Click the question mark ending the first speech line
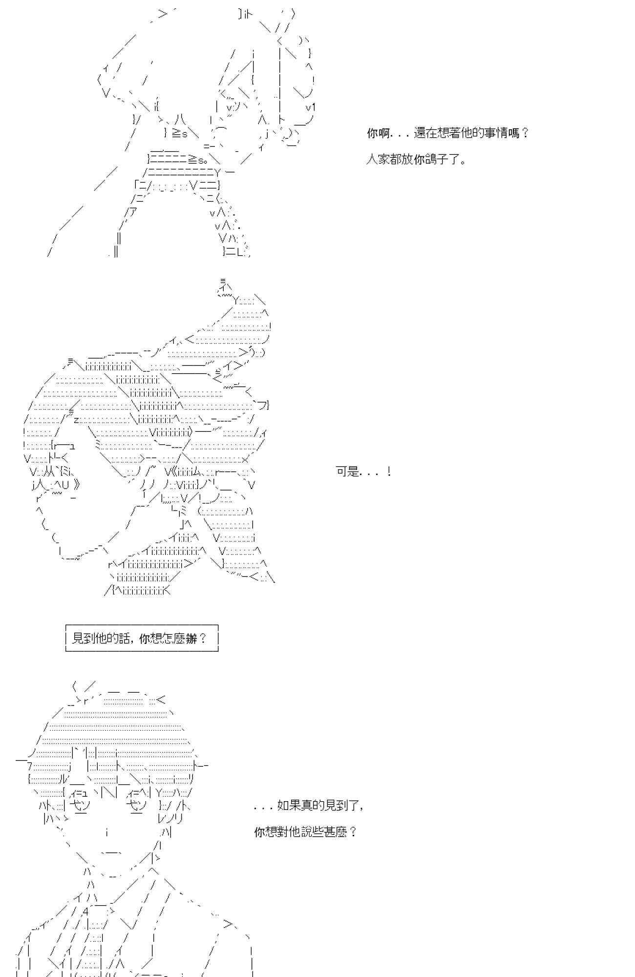525,133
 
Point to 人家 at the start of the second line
378,160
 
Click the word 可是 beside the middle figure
347,472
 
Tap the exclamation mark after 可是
389,472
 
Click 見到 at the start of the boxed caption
83,638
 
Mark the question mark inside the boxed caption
203,638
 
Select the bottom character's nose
106,832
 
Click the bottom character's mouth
111,853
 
